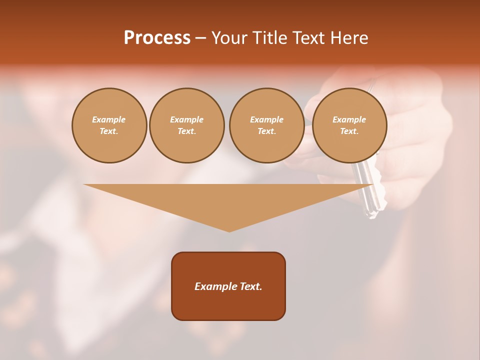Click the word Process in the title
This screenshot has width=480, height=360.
(157, 38)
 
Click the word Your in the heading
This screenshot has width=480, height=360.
(230, 38)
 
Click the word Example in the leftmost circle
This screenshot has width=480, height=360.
(109, 119)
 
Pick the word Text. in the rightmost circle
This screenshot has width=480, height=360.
(349, 131)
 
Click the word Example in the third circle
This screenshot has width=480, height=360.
(266, 119)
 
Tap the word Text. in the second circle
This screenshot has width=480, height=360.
(186, 131)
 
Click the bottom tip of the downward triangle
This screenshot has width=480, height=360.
(229, 230)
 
